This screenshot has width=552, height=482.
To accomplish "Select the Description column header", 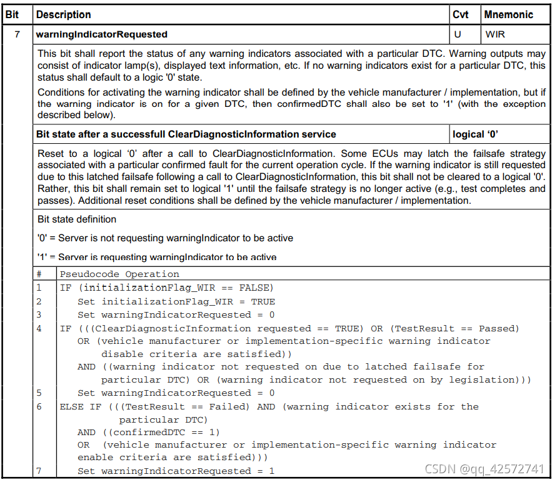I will (x=63, y=14).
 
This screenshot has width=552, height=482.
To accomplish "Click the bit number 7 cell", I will (x=17, y=34).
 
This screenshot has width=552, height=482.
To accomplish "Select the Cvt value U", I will (x=458, y=34).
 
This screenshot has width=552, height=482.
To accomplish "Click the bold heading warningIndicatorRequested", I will (x=102, y=34).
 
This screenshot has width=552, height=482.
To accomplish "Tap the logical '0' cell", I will (x=477, y=134).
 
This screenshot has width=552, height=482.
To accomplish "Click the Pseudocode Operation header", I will (x=119, y=274).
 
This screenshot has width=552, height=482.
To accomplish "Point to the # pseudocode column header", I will (x=39, y=274).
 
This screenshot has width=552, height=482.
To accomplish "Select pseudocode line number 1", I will (x=39, y=288).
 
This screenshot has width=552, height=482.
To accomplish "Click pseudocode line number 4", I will (x=39, y=328).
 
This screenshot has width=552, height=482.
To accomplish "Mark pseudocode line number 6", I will (x=39, y=406).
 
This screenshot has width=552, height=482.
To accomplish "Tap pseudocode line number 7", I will (x=39, y=471).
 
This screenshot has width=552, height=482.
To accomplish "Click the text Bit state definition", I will (x=77, y=219).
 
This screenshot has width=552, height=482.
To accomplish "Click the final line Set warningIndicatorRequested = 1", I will (x=176, y=471).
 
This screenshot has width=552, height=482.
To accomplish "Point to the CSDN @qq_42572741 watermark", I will (x=484, y=469).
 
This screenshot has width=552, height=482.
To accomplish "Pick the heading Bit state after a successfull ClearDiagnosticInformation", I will (x=186, y=134).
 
